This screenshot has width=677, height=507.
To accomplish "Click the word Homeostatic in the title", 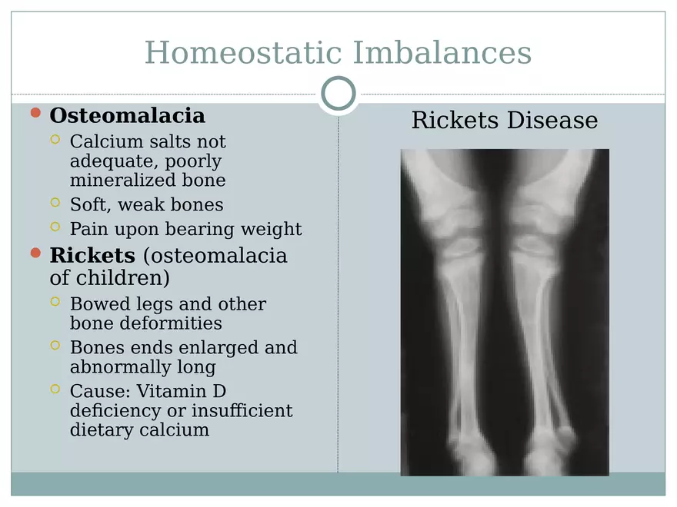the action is pyautogui.click(x=243, y=52).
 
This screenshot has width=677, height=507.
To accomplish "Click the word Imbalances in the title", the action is pyautogui.click(x=442, y=52).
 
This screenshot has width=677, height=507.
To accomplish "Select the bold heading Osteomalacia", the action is pyautogui.click(x=128, y=115).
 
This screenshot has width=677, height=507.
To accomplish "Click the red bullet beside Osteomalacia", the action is pyautogui.click(x=36, y=113).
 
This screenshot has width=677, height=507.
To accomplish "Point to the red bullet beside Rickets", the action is pyautogui.click(x=36, y=253).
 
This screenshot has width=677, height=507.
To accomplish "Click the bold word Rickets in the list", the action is pyautogui.click(x=92, y=255).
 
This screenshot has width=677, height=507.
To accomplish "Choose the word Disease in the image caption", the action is pyautogui.click(x=552, y=120).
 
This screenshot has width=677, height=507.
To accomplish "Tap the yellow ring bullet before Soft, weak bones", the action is pyautogui.click(x=55, y=202).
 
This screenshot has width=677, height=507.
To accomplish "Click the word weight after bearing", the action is pyautogui.click(x=271, y=230).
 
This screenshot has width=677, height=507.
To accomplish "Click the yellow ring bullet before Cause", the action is pyautogui.click(x=55, y=389).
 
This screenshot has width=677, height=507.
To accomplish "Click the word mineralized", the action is pyautogui.click(x=123, y=181).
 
